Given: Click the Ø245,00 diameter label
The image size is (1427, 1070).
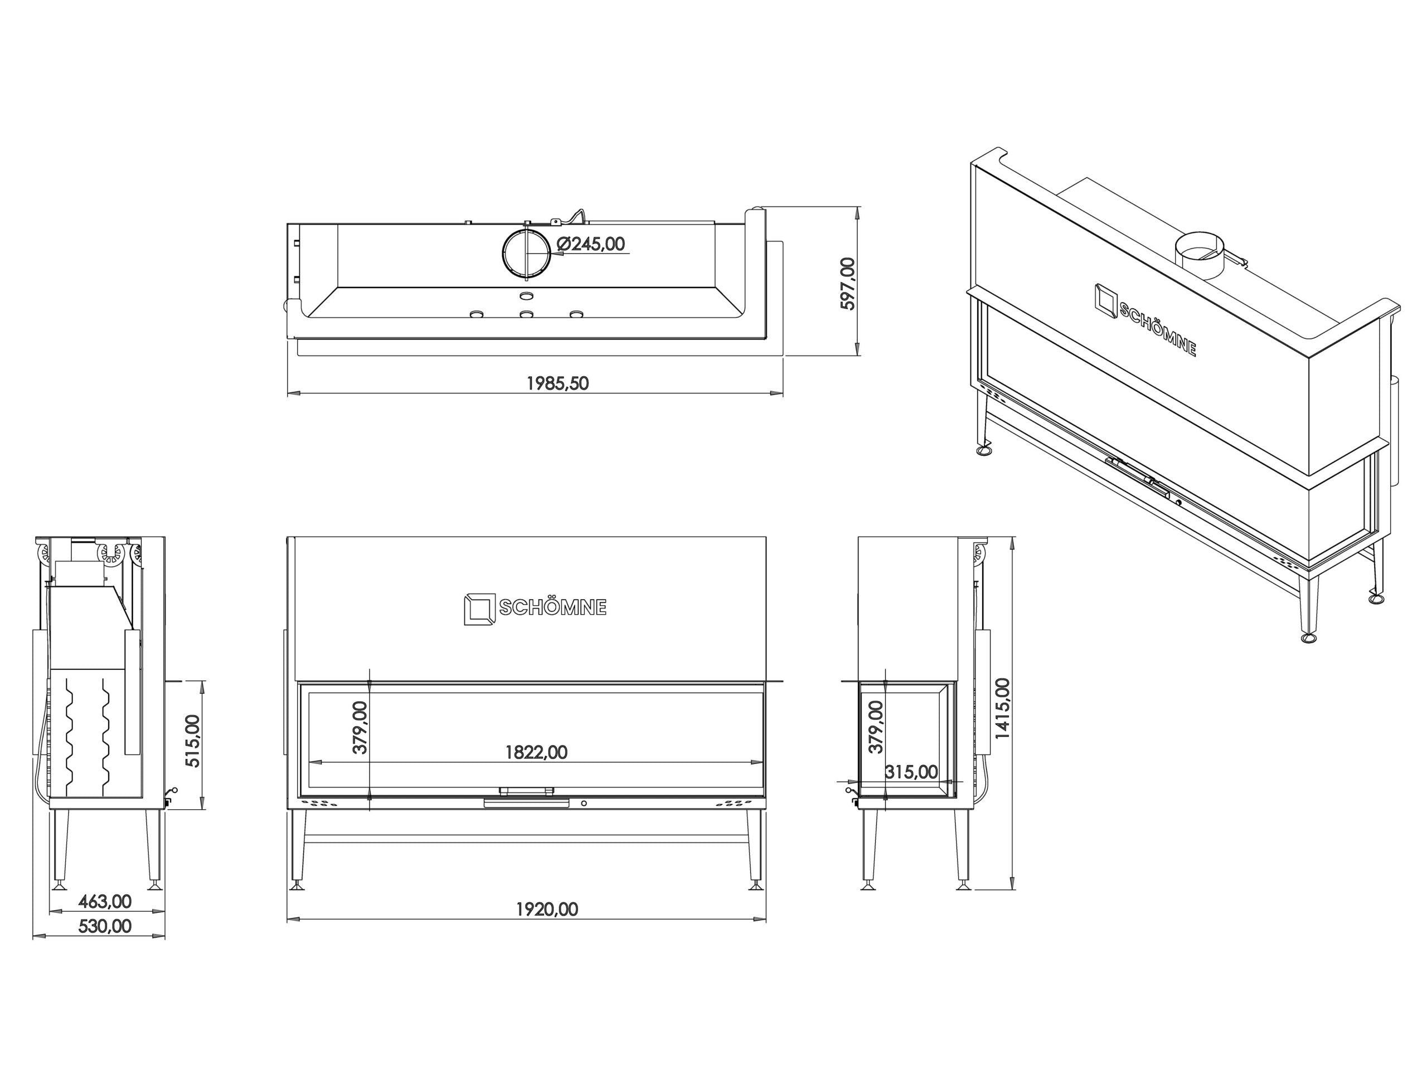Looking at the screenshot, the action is click(590, 244).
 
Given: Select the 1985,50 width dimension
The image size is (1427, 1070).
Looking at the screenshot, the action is click(557, 383).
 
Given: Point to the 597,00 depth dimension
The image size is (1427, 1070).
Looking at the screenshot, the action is click(847, 284).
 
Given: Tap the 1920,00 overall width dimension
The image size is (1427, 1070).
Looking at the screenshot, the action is click(547, 909).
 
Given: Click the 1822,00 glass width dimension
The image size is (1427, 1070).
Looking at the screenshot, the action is click(536, 752).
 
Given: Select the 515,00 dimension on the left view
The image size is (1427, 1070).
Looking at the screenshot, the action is click(193, 741).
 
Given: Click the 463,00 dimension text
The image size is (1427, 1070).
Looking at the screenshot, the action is click(104, 901).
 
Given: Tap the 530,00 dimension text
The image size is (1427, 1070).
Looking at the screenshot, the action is click(104, 926).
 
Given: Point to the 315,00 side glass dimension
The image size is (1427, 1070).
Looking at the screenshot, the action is click(911, 771).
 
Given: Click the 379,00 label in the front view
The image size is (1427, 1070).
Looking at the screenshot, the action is click(360, 727).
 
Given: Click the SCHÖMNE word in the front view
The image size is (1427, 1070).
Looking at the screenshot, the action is click(553, 607).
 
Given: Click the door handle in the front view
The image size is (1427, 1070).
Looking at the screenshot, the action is click(526, 802).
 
